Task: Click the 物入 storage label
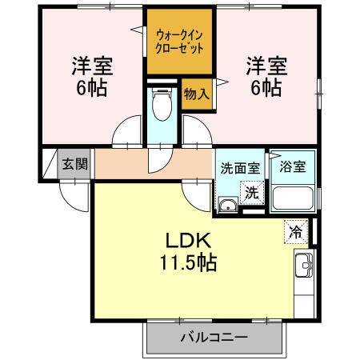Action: tap(196, 94)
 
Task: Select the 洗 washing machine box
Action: tap(252, 192)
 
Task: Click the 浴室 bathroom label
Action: tap(292, 169)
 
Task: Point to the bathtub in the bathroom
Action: tap(293, 198)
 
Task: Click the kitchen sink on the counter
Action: tap(305, 265)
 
